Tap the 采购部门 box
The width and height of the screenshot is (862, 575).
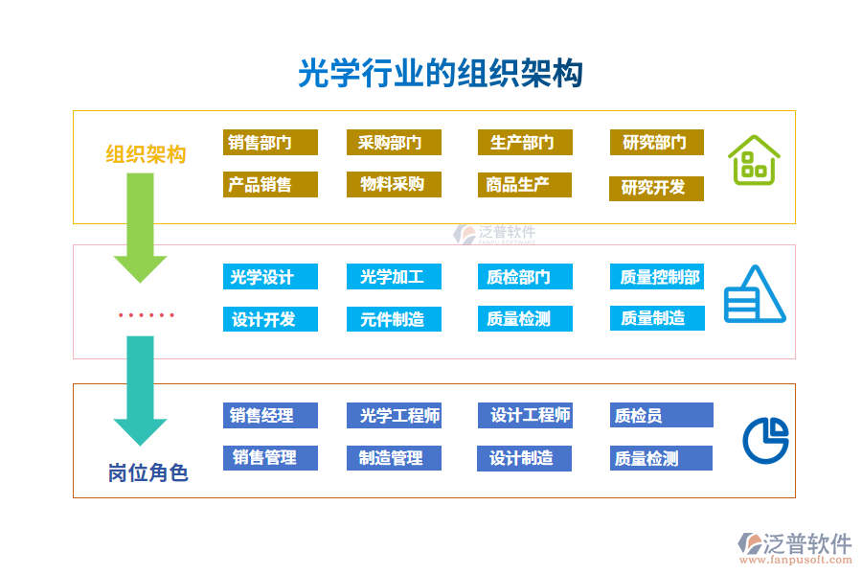pos(394,143)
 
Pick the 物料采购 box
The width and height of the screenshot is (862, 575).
pos(394,185)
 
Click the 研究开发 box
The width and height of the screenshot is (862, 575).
pos(656,188)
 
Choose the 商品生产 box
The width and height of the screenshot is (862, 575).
pos(524,185)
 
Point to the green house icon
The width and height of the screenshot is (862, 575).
pos(753,160)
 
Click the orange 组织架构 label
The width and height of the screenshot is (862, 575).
pos(146,154)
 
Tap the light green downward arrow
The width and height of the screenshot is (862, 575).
pos(140,224)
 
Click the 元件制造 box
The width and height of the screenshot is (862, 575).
pos(394,319)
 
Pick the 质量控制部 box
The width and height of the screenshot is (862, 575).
pos(657,277)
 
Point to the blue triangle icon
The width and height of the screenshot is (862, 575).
pos(754,294)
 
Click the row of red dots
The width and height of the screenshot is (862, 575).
pos(146,314)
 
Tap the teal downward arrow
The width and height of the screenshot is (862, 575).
pos(140,389)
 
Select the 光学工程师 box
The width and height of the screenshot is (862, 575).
pos(394,415)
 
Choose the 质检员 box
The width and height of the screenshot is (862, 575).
pos(661,415)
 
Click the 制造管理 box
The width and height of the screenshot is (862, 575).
pos(394,458)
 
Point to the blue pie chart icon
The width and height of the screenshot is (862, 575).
pos(765,440)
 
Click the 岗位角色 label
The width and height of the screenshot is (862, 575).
pos(147,472)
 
